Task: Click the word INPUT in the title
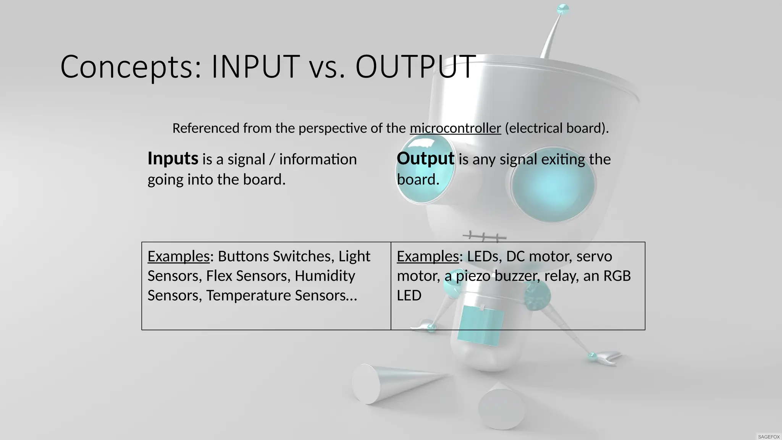point(255,67)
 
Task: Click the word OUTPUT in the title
point(415,67)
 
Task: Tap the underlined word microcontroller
point(455,128)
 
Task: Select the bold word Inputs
point(173,159)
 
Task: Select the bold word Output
point(425,159)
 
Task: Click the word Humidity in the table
point(325,276)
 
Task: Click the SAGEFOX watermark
point(769,437)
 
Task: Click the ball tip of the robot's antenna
point(563,9)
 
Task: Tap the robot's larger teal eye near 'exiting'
point(553,185)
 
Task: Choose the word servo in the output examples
point(594,256)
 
